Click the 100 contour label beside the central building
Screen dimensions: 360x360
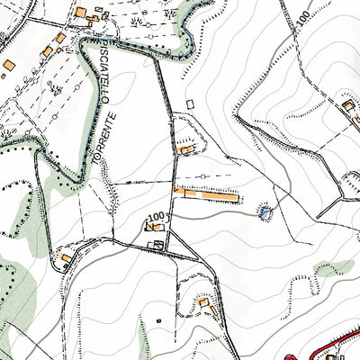pos(157,218)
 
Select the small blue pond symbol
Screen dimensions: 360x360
pos(264,212)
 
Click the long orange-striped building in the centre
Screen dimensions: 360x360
pos(207,192)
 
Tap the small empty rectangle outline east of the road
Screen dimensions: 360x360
pos(190,105)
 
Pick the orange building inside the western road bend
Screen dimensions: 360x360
pos(67,259)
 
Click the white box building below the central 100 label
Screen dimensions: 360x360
pos(157,244)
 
